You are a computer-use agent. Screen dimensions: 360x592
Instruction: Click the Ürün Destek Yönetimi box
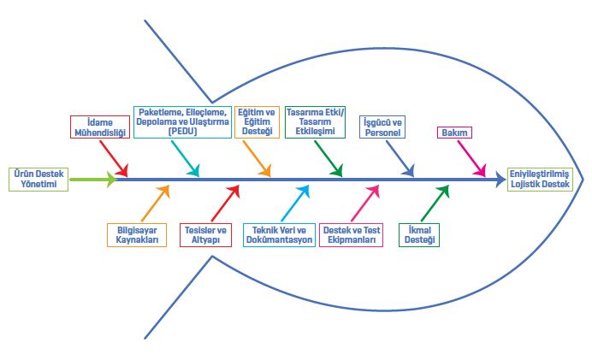tap(38, 180)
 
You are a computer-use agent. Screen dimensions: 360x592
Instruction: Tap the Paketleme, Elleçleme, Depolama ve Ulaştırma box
tap(182, 121)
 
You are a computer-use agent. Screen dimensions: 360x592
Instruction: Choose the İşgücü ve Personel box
tap(382, 127)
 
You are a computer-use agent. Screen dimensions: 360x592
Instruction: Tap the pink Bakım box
tap(455, 133)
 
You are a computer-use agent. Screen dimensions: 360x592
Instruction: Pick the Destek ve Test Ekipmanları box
tap(352, 234)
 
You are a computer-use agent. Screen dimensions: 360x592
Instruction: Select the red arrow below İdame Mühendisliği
tap(117, 160)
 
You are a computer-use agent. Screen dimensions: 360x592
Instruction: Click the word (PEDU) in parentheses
tap(182, 131)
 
